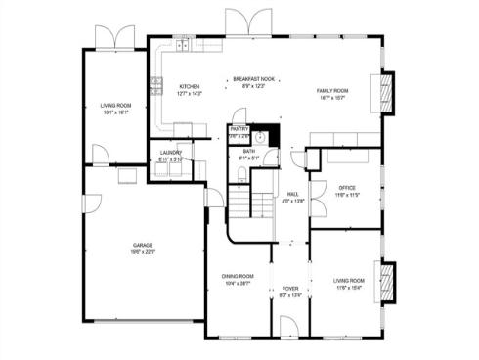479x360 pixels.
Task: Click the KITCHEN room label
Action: coord(189,87)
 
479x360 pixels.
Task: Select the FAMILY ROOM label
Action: coord(332,91)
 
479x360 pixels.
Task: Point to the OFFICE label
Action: coord(347,188)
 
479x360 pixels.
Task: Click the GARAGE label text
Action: coord(144,245)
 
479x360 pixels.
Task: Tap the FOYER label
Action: coord(290,289)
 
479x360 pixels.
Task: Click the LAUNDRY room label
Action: coord(171,153)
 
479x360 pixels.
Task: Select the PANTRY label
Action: coord(239,128)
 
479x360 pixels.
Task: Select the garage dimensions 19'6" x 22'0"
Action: coord(144,252)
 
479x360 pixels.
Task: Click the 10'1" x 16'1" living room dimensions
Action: coord(115,112)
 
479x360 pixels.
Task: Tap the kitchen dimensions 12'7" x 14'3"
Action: coord(189,94)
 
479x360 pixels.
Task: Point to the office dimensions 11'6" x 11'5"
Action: coord(347,195)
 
